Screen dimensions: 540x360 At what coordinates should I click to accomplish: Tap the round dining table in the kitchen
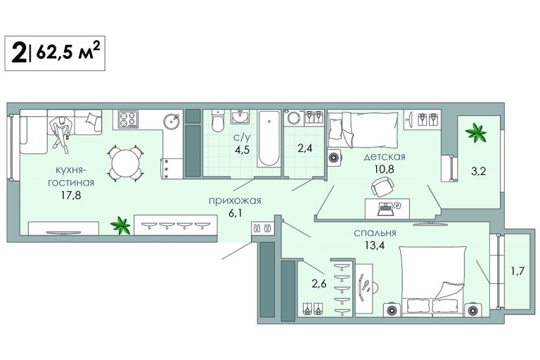click(125, 163)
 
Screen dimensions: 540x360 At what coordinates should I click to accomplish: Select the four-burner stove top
click(128, 120)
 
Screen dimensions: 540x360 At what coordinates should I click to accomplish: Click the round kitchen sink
click(171, 120)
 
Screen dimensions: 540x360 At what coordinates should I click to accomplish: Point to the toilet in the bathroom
click(218, 120)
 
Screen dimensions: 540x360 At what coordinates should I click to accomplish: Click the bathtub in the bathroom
click(269, 139)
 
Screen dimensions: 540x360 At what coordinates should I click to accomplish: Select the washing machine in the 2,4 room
click(294, 117)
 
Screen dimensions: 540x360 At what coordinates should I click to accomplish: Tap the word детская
click(385, 157)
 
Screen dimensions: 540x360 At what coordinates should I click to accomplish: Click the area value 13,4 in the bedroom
click(375, 245)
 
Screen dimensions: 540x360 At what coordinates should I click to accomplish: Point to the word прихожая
click(235, 200)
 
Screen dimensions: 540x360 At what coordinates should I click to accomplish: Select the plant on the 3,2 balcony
click(475, 133)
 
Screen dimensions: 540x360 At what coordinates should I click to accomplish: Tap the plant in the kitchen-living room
click(120, 225)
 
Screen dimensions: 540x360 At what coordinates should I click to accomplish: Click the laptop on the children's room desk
click(386, 208)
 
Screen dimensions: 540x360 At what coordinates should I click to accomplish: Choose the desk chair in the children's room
click(383, 186)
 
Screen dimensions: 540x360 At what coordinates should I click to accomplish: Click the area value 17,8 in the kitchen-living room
click(71, 195)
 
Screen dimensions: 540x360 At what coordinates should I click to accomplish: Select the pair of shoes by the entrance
click(262, 228)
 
